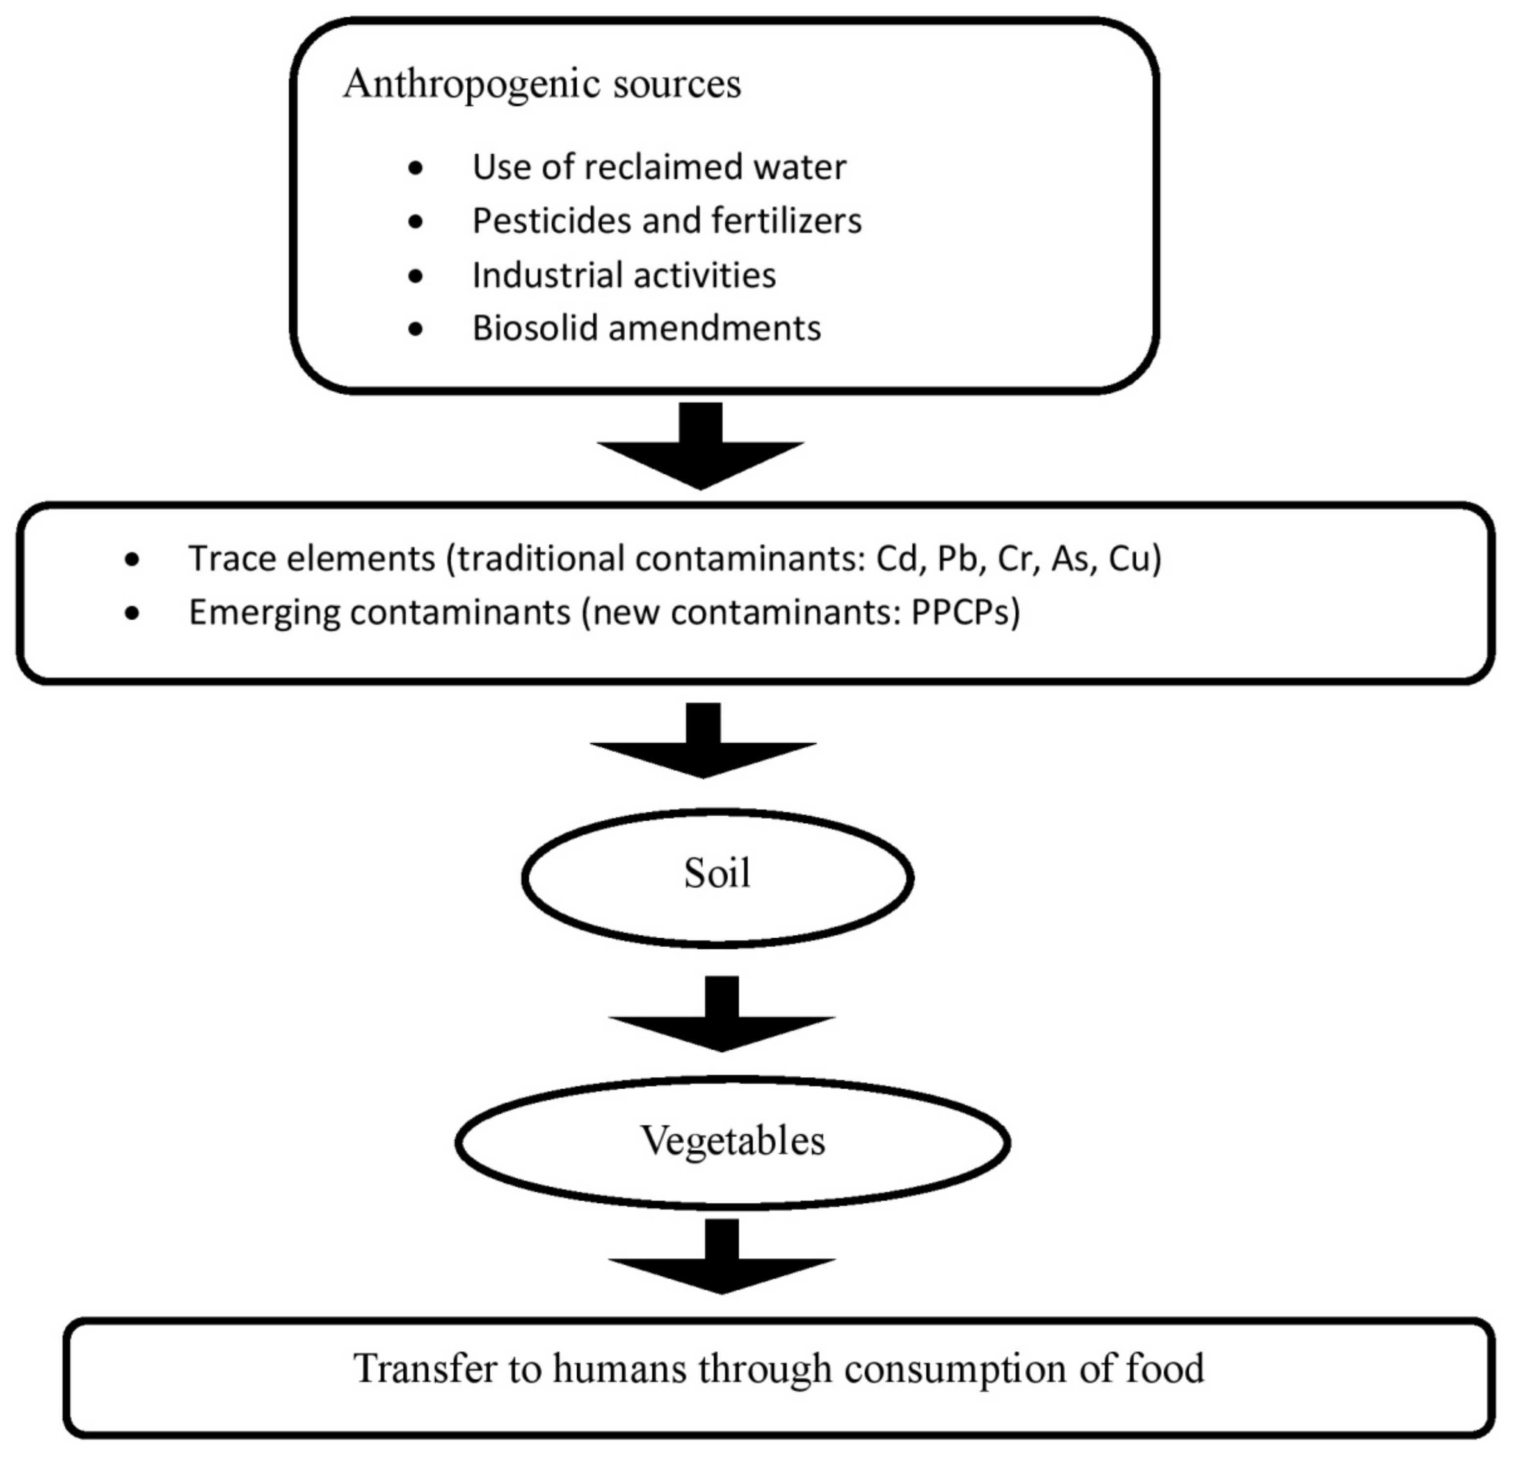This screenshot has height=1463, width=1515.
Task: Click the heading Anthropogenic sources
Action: coord(542,84)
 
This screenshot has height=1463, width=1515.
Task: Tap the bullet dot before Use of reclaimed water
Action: coord(416,168)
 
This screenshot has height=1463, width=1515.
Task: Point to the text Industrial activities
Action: coord(624,275)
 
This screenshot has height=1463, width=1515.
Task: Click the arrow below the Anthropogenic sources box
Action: coord(700,448)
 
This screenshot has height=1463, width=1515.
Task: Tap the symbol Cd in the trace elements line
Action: coord(896,559)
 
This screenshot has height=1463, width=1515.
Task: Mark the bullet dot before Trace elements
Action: coord(132,560)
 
